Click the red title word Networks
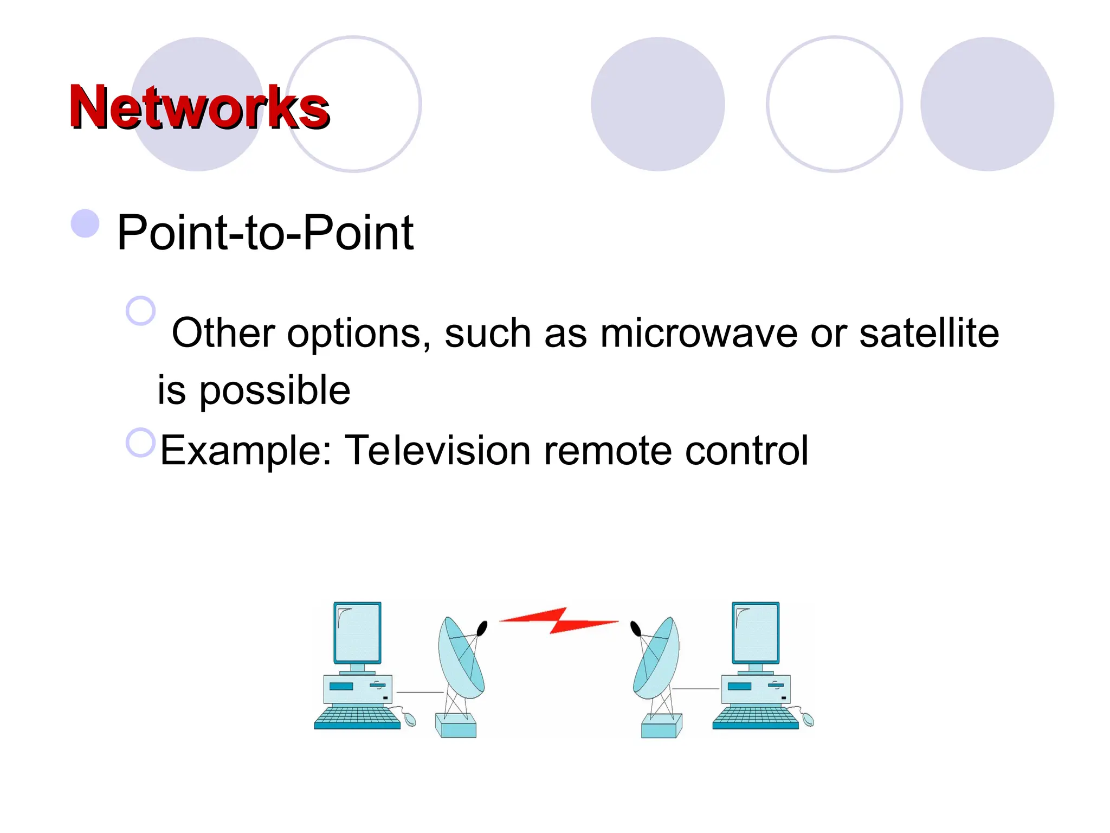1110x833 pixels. point(199,107)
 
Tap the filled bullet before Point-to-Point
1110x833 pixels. point(85,223)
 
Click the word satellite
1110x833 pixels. point(929,333)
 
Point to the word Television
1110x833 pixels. point(438,450)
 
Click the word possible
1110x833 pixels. point(275,390)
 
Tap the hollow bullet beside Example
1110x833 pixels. point(140,442)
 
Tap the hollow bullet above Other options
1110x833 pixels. point(140,310)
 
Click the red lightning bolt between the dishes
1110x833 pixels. point(558,620)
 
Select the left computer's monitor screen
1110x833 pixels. point(357,632)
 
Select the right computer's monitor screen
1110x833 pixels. point(756,632)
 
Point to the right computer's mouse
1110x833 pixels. point(808,719)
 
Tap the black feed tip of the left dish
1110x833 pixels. point(481,629)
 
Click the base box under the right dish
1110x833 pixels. point(661,726)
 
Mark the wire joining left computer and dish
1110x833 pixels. point(420,692)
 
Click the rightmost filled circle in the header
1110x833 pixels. point(986,104)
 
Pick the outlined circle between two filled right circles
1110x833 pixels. point(834,104)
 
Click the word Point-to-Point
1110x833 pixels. point(265,233)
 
